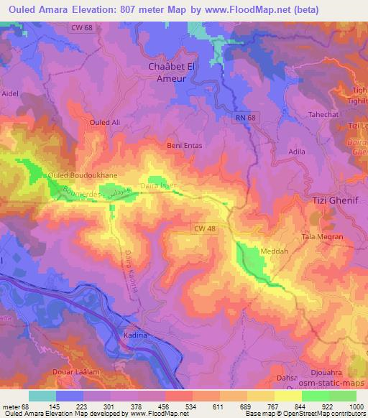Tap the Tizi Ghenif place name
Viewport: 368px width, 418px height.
336,201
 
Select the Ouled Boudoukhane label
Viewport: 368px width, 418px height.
77,175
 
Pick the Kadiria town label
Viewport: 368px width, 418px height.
134,335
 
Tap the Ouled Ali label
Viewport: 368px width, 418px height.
103,122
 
